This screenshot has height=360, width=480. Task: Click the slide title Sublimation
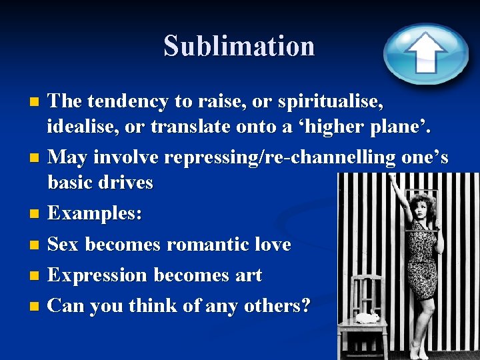click(239, 46)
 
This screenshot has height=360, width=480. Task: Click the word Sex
click(63, 245)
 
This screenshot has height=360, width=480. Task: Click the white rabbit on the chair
click(367, 317)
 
